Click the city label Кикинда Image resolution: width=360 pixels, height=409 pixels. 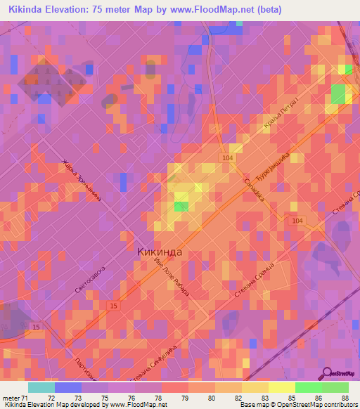tap(158, 252)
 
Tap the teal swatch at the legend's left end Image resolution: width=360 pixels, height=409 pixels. tap(41, 387)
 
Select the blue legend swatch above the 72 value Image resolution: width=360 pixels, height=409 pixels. tap(67, 387)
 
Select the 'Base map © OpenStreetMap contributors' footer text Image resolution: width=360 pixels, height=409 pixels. tap(298, 405)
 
